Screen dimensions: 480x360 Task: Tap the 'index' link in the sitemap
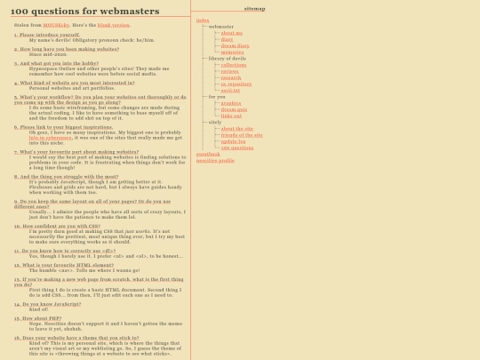click(x=203, y=20)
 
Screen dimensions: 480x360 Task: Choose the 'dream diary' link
click(x=233, y=45)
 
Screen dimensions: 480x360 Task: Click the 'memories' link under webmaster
click(x=232, y=52)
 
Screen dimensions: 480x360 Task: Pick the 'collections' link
click(x=234, y=65)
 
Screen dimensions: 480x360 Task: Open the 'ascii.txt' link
click(x=230, y=90)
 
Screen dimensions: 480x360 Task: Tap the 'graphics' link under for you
click(x=230, y=102)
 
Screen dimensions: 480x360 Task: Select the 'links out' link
click(x=231, y=115)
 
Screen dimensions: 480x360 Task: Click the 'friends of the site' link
click(x=241, y=134)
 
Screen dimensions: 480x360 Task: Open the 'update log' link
click(x=233, y=140)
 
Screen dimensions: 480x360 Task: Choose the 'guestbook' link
click(x=207, y=154)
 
